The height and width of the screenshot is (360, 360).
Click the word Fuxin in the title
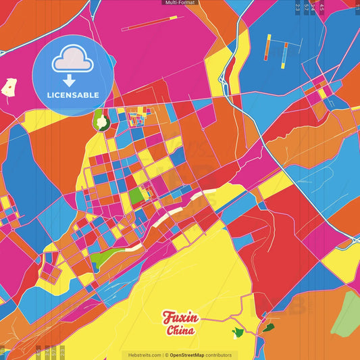coord(180,317)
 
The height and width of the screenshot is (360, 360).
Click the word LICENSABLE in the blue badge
coord(73,95)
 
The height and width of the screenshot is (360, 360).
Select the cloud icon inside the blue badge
coord(73,63)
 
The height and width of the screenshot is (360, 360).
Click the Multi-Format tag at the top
coord(180,3)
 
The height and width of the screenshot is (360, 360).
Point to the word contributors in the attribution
coord(219,355)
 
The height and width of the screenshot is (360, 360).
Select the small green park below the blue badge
coord(101,120)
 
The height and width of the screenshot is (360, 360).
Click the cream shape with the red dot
coord(9,87)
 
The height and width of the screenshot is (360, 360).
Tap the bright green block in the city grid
coord(136,196)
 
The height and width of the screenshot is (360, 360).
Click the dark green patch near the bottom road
coord(269,328)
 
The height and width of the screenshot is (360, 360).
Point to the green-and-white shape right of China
coord(238,332)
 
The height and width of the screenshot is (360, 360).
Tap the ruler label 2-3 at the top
coord(298,7)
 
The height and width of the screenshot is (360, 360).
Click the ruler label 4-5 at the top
coord(322,7)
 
